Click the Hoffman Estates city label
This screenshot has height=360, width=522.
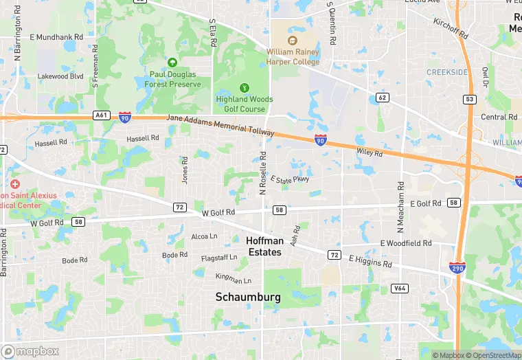(x=264, y=246)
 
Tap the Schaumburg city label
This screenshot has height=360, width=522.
(x=248, y=297)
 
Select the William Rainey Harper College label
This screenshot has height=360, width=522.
(x=293, y=56)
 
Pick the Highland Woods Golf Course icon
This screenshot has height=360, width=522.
(x=244, y=87)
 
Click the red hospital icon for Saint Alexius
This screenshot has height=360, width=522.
(x=15, y=184)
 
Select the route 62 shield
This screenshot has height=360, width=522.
(x=383, y=98)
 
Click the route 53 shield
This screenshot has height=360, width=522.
(x=470, y=100)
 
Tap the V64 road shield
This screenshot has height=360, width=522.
(x=400, y=289)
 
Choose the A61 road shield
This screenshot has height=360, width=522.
(x=102, y=115)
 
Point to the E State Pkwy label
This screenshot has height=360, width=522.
(x=290, y=180)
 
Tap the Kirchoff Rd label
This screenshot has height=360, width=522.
(x=451, y=28)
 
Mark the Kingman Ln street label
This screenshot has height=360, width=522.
(x=234, y=278)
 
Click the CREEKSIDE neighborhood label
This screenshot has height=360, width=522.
(x=447, y=72)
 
